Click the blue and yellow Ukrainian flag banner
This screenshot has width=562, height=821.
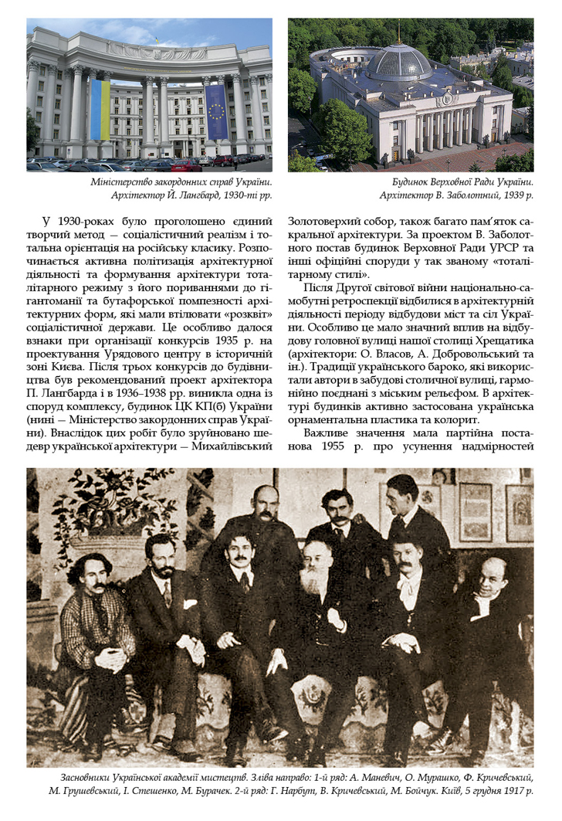coord(100,109)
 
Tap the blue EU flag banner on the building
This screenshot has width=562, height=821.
coord(215,111)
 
